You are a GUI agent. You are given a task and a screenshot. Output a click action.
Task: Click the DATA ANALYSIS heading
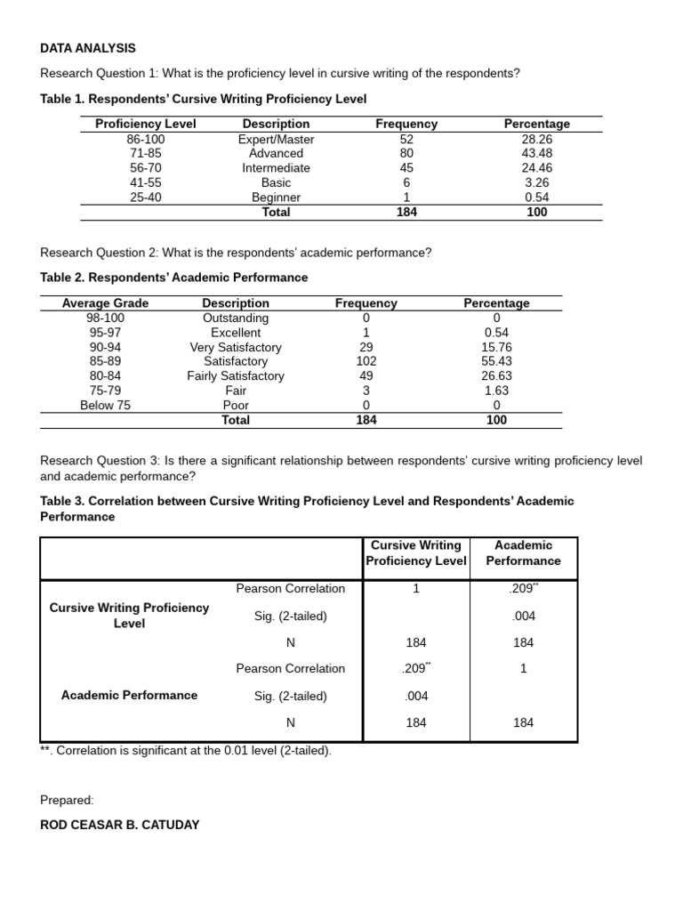tap(88, 48)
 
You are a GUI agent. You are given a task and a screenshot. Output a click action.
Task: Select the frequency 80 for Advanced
tap(406, 153)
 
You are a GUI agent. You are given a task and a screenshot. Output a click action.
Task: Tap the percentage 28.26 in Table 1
tap(536, 139)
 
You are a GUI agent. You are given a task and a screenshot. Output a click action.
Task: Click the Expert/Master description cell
tap(276, 139)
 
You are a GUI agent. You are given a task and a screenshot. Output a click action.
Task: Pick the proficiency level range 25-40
tap(146, 198)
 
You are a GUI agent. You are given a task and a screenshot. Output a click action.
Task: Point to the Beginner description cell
tap(276, 198)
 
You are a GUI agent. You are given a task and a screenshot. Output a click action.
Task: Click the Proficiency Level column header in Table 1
tap(146, 124)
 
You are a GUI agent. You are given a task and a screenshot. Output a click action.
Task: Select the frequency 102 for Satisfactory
tap(366, 361)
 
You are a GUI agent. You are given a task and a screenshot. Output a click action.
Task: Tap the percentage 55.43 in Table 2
tap(496, 361)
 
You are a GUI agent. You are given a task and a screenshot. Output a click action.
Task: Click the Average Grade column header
tap(105, 302)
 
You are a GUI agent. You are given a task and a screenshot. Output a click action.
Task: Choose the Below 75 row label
tap(105, 405)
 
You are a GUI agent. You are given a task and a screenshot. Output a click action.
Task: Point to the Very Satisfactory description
tap(236, 347)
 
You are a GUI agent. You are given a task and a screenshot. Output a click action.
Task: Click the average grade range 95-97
tap(105, 332)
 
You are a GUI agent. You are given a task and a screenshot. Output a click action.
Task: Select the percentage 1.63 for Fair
tap(496, 390)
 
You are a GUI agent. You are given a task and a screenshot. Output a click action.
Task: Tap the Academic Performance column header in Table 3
tap(523, 552)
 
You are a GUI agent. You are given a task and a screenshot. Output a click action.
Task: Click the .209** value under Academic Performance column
tap(523, 588)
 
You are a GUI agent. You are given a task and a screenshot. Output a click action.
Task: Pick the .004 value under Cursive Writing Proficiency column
tap(415, 696)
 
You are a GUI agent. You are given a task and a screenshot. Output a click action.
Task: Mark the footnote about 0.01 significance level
tap(186, 750)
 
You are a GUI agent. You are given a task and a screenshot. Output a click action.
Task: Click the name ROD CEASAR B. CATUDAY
tap(120, 825)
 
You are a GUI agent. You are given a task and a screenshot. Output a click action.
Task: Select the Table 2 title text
tap(174, 278)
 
